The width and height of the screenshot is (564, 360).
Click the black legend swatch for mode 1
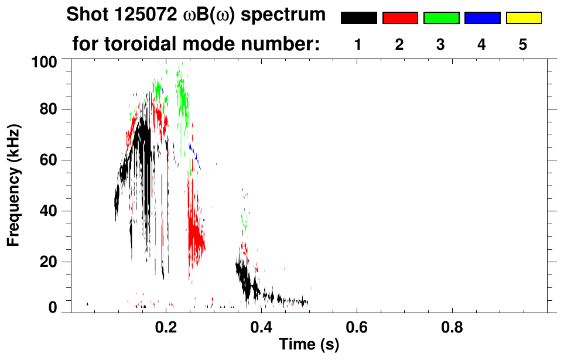click(x=358, y=18)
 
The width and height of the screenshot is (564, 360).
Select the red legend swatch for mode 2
click(x=400, y=18)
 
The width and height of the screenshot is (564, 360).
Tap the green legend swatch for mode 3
click(x=441, y=18)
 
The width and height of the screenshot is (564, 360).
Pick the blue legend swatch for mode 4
click(x=482, y=18)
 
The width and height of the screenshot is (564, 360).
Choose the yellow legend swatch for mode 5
click(x=524, y=18)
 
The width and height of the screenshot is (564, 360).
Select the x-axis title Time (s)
click(x=309, y=345)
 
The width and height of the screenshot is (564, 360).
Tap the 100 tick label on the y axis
click(x=45, y=61)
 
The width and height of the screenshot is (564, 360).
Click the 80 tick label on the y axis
click(x=49, y=109)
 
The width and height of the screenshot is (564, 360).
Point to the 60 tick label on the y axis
click(x=49, y=160)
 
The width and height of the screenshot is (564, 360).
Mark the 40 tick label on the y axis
click(x=49, y=211)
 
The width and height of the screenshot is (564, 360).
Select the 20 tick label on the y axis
click(x=49, y=262)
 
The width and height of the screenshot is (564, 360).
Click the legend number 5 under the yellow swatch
click(x=523, y=44)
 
